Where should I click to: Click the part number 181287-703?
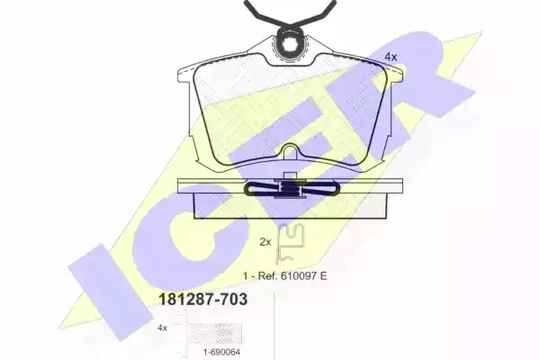(202, 300)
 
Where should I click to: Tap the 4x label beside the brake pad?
(391, 57)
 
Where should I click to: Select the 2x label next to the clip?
(265, 242)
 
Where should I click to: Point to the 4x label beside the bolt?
(162, 328)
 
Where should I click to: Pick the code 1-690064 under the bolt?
(220, 352)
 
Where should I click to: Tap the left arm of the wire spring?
(265, 13)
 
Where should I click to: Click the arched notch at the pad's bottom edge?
(291, 151)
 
